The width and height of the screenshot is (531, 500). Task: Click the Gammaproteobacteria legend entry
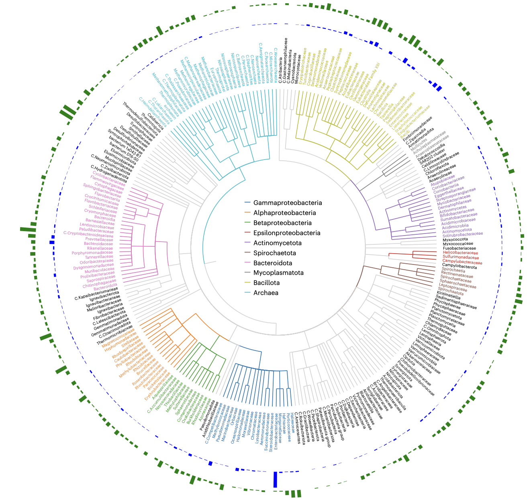coord(288,203)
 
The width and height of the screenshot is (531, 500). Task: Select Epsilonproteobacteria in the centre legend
coord(287,233)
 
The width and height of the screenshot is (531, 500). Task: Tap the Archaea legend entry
coord(265,293)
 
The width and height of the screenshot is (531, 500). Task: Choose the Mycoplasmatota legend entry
coord(278,273)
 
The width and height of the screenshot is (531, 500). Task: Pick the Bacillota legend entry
coord(266,283)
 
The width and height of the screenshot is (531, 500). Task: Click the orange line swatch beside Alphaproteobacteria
coord(247,213)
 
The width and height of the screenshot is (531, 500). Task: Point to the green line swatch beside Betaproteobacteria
coord(247,223)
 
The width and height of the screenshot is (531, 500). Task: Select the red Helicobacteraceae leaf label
coord(460,253)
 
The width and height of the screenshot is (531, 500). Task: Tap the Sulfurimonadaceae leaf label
coord(461,257)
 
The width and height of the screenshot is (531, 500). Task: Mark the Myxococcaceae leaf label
coord(458,244)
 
